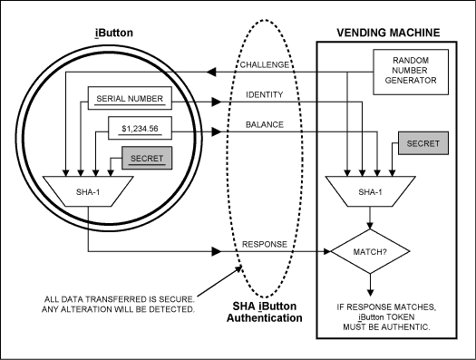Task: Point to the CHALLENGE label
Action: pyautogui.click(x=267, y=64)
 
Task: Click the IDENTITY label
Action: pyautogui.click(x=263, y=94)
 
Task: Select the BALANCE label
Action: pyautogui.click(x=263, y=126)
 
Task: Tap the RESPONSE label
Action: pyautogui.click(x=265, y=245)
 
